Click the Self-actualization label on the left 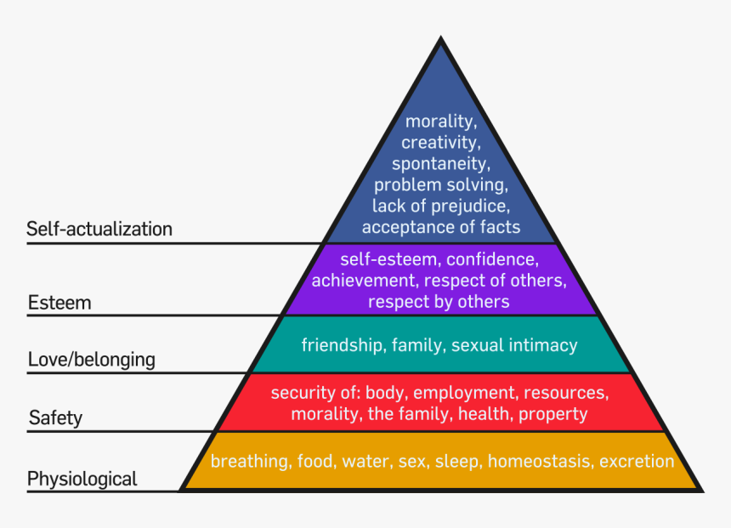(x=99, y=229)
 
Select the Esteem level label (x=59, y=303)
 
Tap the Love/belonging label (x=92, y=360)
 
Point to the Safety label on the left (x=55, y=417)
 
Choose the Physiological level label (x=82, y=479)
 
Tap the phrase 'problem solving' (x=441, y=185)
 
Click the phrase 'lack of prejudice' (x=441, y=206)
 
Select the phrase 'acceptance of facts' (x=441, y=227)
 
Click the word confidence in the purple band (x=492, y=258)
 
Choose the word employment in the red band (x=466, y=393)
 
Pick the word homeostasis (x=540, y=462)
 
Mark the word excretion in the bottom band (x=637, y=462)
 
